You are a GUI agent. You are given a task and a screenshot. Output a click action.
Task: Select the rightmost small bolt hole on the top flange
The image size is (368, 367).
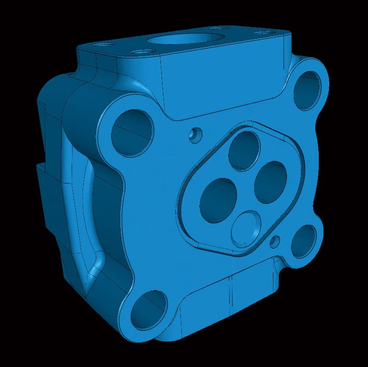(264, 33)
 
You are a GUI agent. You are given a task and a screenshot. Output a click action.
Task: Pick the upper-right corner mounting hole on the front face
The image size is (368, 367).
(307, 90)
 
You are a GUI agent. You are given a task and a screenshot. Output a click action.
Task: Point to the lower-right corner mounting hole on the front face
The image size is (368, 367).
(304, 240)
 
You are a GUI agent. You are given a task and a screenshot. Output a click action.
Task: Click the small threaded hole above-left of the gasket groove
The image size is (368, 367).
(195, 135)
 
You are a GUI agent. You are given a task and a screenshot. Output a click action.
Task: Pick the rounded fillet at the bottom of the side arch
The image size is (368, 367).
(97, 269)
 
